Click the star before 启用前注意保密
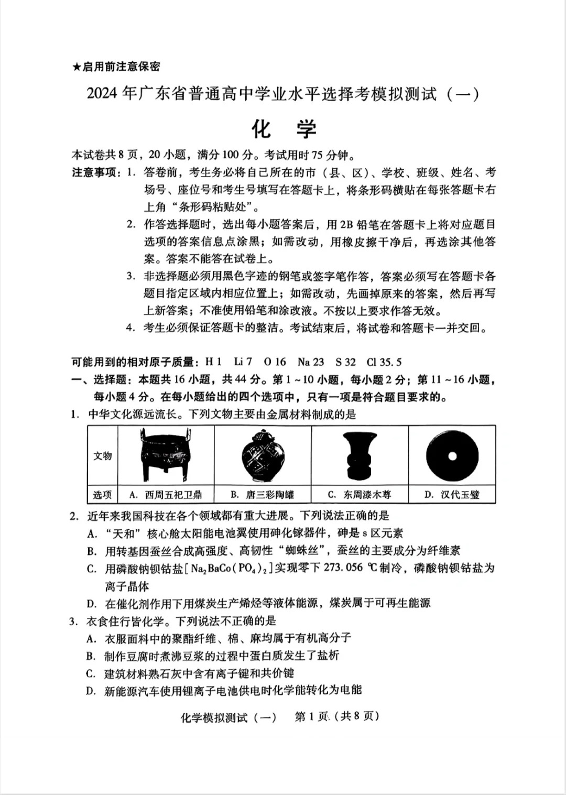pyautogui.click(x=76, y=67)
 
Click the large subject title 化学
pyautogui.click(x=284, y=128)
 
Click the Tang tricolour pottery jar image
pyautogui.click(x=263, y=455)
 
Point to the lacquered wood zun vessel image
pyautogui.click(x=360, y=455)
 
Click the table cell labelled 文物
pyautogui.click(x=103, y=455)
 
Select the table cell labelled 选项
pyautogui.click(x=103, y=495)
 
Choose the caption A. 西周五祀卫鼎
pyautogui.click(x=165, y=495)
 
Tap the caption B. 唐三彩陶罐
pyautogui.click(x=263, y=495)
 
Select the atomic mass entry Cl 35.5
pyautogui.click(x=384, y=362)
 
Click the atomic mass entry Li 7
pyautogui.click(x=243, y=362)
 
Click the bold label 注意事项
pyautogui.click(x=96, y=173)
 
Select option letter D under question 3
pyautogui.click(x=91, y=691)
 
